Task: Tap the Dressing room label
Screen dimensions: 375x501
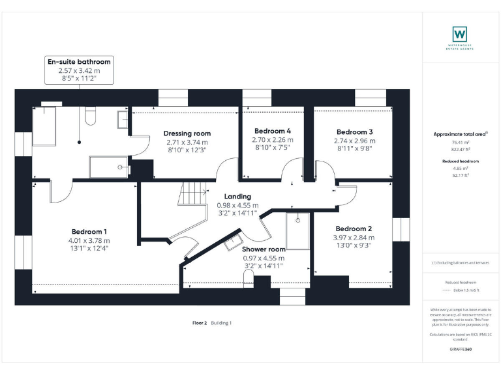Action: point(187,133)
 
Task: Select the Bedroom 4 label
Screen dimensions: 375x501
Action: point(273,130)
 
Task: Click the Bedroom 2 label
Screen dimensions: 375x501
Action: point(354,229)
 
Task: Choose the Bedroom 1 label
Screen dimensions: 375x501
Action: point(89,232)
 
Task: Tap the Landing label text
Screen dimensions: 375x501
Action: point(237,196)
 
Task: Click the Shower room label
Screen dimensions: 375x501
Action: point(264,249)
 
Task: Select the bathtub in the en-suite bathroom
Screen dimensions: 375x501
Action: point(46,126)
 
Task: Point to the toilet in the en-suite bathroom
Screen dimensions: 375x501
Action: point(91,115)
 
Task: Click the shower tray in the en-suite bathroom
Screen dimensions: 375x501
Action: point(108,167)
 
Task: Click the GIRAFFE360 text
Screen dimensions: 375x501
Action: point(460,350)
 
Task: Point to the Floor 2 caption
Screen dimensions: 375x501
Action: point(199,323)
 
